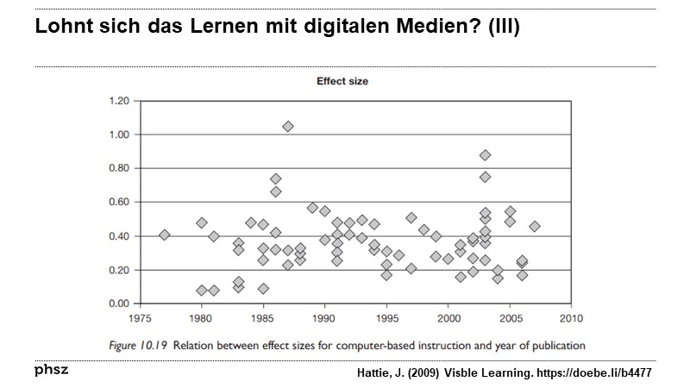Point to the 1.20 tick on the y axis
click(117, 101)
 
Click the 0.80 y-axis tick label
click(117, 168)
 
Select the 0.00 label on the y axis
click(117, 304)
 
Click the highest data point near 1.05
click(288, 127)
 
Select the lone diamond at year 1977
click(165, 235)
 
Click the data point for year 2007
click(535, 227)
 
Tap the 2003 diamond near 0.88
click(486, 155)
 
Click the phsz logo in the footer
click(51, 370)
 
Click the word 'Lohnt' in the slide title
click(62, 28)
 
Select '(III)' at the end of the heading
click(503, 28)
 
